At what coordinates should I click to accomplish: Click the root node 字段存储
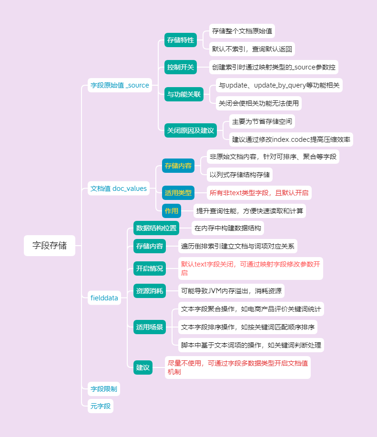point(50,246)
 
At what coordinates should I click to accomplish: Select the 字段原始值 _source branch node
point(120,86)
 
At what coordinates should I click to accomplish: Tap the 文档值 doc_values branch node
point(119,189)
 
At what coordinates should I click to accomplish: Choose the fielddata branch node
point(104,298)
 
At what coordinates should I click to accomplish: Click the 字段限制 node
point(103,389)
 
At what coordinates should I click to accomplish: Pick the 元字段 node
point(101,406)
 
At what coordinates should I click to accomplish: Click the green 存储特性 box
point(180,40)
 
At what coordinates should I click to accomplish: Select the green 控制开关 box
point(180,67)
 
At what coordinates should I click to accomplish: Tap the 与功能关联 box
point(183,95)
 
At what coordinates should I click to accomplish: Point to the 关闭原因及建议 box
point(190,130)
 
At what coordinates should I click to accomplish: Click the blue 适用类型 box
point(178,193)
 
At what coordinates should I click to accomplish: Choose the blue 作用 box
point(172,211)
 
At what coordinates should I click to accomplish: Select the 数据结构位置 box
point(156,228)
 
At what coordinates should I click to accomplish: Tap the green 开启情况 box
point(149,268)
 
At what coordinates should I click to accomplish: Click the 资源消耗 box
point(149,291)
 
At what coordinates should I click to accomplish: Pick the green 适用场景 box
point(149,327)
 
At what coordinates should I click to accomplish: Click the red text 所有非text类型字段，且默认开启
point(259,193)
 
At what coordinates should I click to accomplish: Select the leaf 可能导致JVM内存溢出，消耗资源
point(231,291)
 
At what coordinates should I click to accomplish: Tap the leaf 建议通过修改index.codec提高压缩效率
point(291,139)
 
